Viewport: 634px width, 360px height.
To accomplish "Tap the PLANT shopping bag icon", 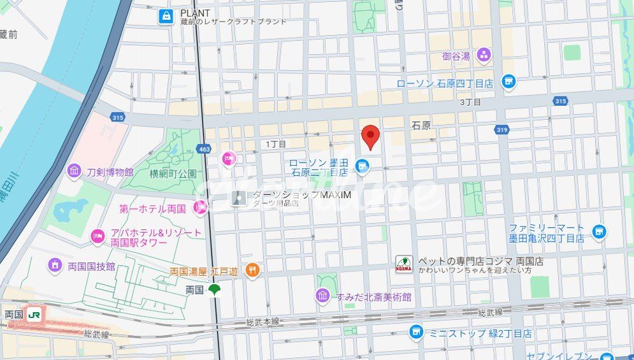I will tap(166, 17).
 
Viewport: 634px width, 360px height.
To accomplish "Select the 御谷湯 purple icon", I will tap(484, 55).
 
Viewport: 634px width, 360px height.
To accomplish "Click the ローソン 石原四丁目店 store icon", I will tap(508, 82).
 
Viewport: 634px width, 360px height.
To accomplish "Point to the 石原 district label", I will tap(421, 126).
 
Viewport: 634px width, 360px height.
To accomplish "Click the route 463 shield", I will tap(204, 149).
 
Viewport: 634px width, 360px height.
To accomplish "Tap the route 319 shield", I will tap(501, 129).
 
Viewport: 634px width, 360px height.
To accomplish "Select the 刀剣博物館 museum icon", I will tap(75, 171).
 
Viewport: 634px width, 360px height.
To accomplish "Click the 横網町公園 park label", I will tap(173, 173).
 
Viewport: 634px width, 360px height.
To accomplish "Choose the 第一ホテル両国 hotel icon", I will tap(201, 206).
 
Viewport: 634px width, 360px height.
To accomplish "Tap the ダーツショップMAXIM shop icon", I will tap(238, 198).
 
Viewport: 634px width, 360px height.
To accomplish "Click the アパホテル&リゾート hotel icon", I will tap(97, 237).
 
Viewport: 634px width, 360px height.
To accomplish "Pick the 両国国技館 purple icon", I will tap(55, 264).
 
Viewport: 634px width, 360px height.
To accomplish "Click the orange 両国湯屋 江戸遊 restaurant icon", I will tap(253, 270).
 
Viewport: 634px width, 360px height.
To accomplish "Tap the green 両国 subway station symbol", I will tap(214, 290).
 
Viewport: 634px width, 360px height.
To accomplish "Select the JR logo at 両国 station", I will tap(35, 314).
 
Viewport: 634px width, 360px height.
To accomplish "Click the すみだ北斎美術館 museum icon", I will tap(323, 296).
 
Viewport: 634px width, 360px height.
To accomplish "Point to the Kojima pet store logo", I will tap(404, 264).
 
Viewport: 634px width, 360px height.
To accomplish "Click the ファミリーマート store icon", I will tap(598, 231).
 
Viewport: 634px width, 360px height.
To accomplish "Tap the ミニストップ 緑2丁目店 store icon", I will tap(415, 332).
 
